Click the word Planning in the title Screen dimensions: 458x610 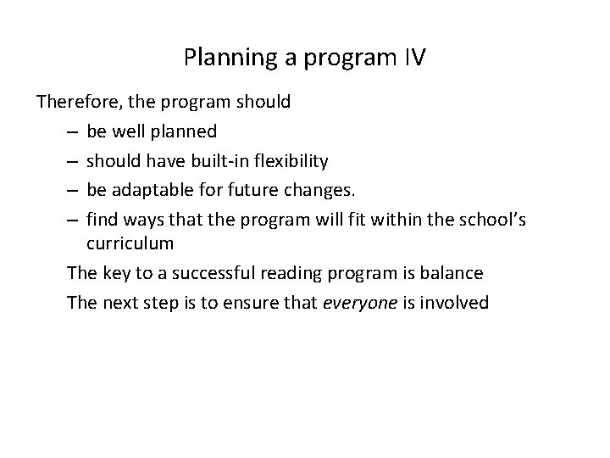pos(218,59)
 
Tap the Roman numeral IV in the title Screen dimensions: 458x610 pos(413,59)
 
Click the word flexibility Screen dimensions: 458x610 pos(291,160)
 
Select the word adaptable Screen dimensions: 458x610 pos(150,189)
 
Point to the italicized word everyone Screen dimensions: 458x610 pos(360,302)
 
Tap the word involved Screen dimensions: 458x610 pos(454,302)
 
